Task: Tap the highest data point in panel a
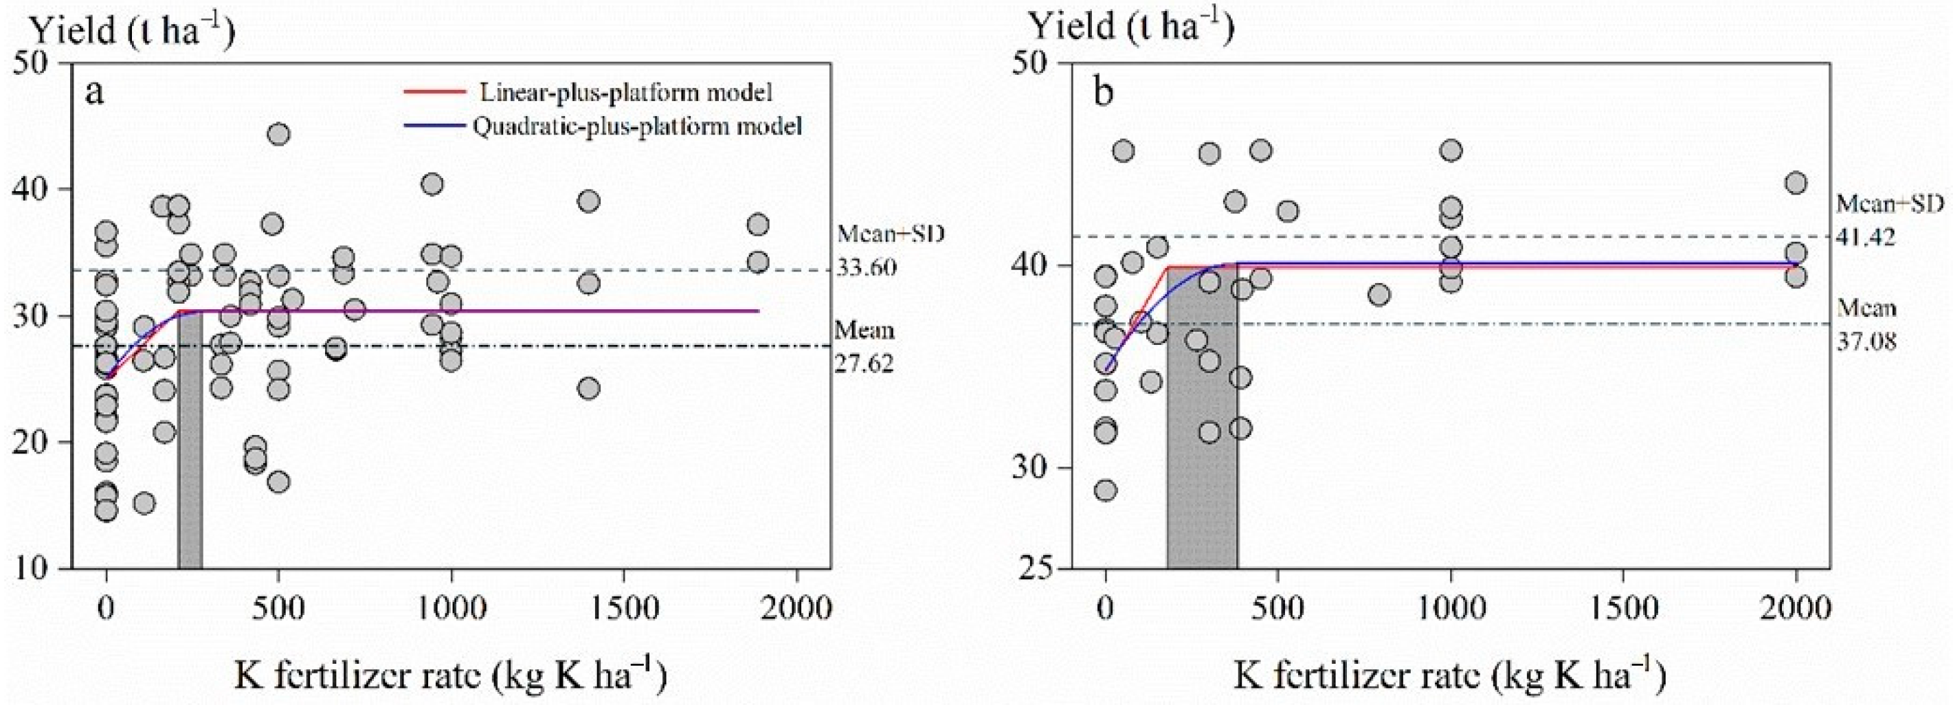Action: (x=279, y=134)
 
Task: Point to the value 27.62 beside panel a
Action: (x=864, y=363)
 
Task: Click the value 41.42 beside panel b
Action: (x=1866, y=237)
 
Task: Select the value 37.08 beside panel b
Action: (x=1866, y=341)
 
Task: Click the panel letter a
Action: (x=94, y=93)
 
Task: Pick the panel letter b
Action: (x=1104, y=93)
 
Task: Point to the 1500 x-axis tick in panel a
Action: (x=623, y=608)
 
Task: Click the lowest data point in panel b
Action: (x=1106, y=491)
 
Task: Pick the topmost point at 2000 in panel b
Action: (x=1796, y=183)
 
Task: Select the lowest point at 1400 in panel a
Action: (x=588, y=388)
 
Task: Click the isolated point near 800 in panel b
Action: (x=1380, y=295)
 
